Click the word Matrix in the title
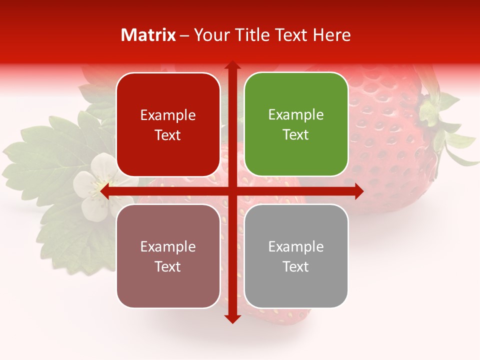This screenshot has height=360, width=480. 148,35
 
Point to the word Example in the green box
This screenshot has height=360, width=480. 296,115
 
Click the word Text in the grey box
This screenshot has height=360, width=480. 296,267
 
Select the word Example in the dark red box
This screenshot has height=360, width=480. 168,115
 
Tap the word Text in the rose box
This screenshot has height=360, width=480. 168,267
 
